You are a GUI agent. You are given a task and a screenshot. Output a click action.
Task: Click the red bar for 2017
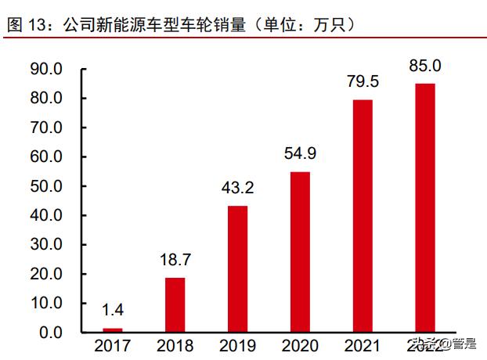click(113, 329)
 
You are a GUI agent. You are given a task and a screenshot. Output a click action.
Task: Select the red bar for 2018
click(175, 304)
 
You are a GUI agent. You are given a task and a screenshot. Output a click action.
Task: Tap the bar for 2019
click(237, 268)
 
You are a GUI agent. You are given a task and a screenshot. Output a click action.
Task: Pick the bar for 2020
click(300, 251)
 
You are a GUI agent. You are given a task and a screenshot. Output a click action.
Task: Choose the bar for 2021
click(362, 215)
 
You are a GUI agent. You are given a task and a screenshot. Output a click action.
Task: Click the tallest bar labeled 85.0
click(424, 207)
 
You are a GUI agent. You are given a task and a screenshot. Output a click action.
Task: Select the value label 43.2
click(237, 189)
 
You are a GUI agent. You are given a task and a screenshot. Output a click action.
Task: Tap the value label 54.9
click(300, 154)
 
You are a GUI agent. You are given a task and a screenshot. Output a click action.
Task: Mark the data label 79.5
click(362, 82)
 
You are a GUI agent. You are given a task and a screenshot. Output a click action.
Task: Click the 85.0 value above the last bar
click(424, 66)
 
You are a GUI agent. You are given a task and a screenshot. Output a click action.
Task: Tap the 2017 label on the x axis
click(113, 346)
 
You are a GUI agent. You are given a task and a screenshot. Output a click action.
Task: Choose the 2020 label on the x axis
click(300, 346)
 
